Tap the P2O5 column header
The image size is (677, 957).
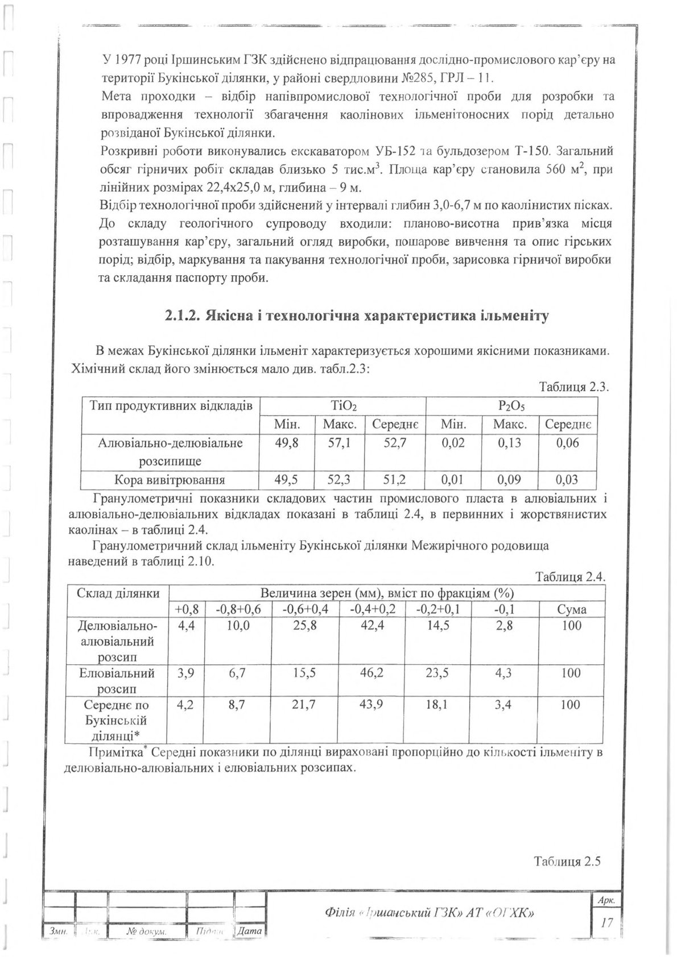[x=511, y=406]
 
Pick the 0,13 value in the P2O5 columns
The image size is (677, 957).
[x=510, y=443]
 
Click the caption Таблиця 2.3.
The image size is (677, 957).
[x=573, y=387]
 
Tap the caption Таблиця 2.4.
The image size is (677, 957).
[x=569, y=577]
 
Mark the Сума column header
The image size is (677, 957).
[x=571, y=610]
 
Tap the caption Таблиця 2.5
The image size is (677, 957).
[x=567, y=861]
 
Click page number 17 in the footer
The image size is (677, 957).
[x=607, y=922]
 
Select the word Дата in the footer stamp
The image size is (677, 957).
[x=250, y=931]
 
